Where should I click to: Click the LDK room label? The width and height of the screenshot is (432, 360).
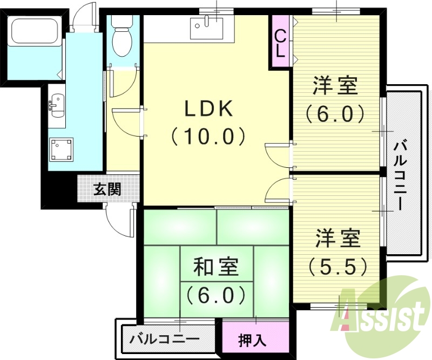(209, 110)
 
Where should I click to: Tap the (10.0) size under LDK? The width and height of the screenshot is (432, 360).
(209, 135)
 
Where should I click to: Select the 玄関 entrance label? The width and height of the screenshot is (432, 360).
(107, 190)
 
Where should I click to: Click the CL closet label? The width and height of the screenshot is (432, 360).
(280, 43)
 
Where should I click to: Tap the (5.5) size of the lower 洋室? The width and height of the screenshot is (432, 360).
(338, 265)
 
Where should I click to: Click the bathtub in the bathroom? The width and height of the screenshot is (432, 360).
(34, 34)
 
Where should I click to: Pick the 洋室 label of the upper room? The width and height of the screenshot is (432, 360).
(338, 86)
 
